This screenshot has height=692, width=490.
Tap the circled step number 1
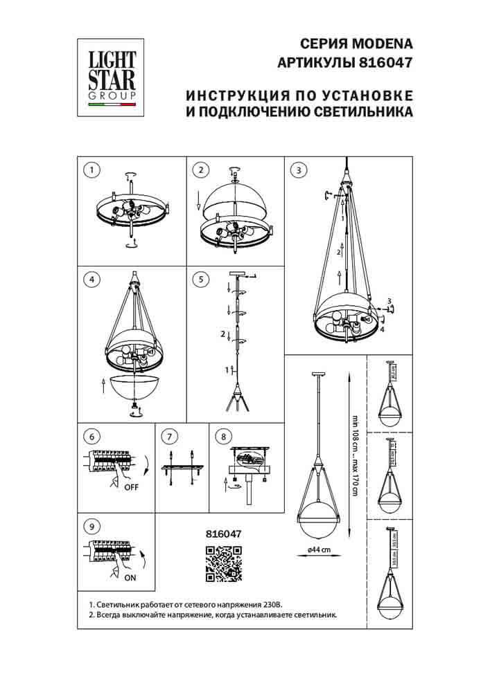point(91,170)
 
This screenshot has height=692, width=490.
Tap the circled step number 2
point(201,170)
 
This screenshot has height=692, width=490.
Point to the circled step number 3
point(298,170)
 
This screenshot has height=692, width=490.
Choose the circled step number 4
point(91,280)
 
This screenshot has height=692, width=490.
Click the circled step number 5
point(201,280)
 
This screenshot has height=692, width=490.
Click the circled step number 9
point(91,527)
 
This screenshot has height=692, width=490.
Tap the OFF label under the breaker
point(132,486)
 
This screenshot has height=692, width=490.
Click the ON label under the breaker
point(131,576)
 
